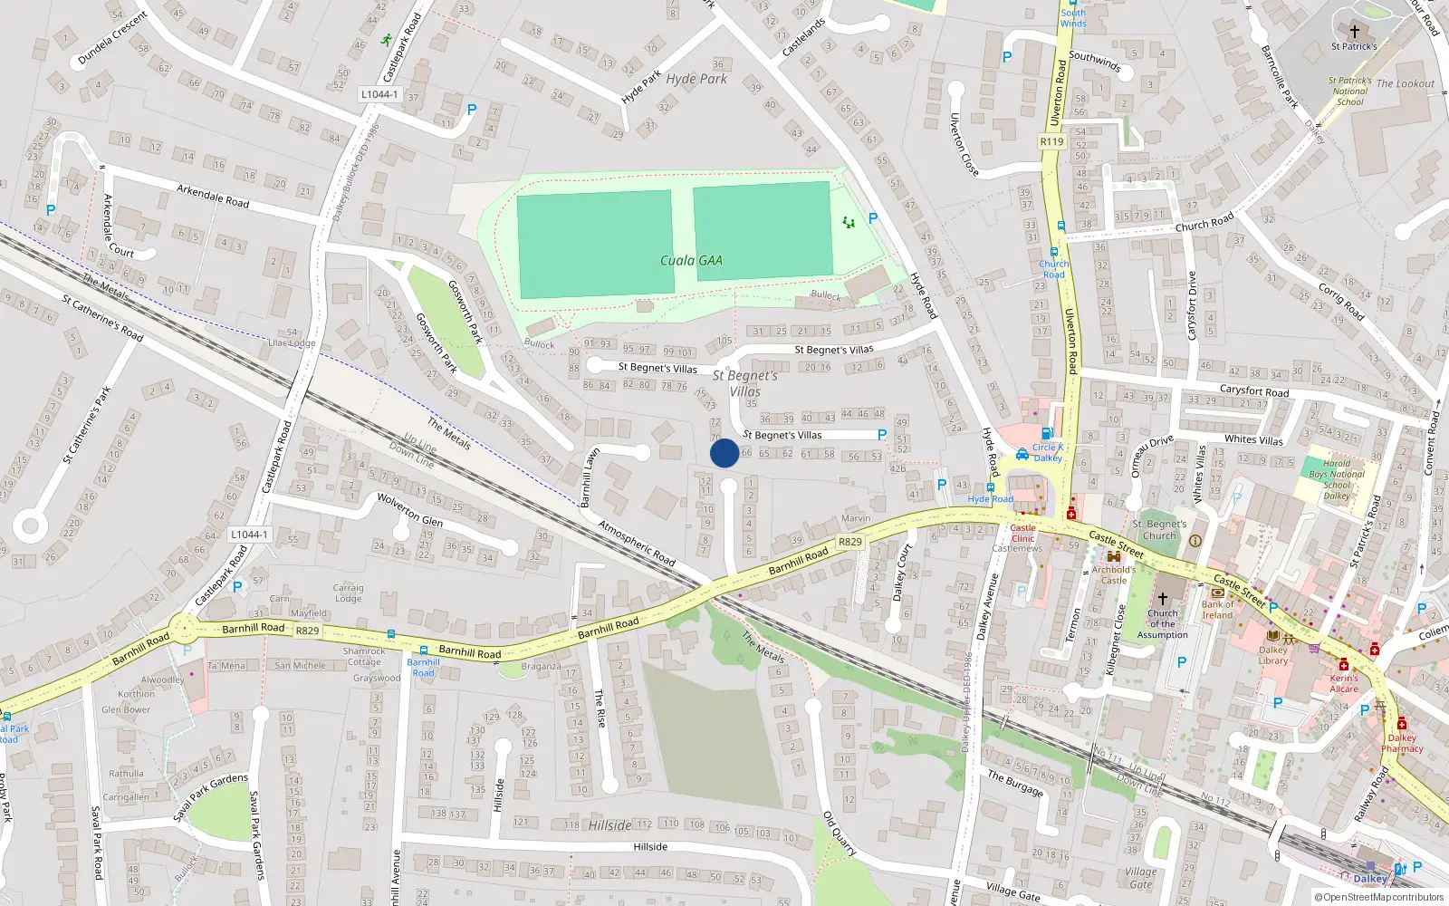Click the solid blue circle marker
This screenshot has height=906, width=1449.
724,453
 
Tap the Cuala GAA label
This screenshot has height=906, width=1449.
691,261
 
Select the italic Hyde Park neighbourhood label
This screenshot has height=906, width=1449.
696,79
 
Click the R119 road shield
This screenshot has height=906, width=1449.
1051,141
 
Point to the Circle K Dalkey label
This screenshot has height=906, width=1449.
1048,452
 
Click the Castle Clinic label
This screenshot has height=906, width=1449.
1022,533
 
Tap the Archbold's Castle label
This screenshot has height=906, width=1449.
1114,574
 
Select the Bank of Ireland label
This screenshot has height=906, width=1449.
1218,610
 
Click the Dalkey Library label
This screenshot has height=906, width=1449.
1272,655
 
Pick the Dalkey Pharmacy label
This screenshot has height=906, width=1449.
1402,743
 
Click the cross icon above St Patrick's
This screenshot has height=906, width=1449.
1354,31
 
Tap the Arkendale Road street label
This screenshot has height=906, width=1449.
213,196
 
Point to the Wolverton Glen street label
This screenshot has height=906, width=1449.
410,509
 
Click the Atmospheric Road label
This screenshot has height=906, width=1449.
637,543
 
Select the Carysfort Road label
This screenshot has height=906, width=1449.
1253,391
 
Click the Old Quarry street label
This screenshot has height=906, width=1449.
839,834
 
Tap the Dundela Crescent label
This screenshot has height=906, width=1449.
112,38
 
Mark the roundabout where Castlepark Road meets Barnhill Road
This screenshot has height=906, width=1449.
184,626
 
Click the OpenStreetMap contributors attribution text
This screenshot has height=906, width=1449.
1380,897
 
